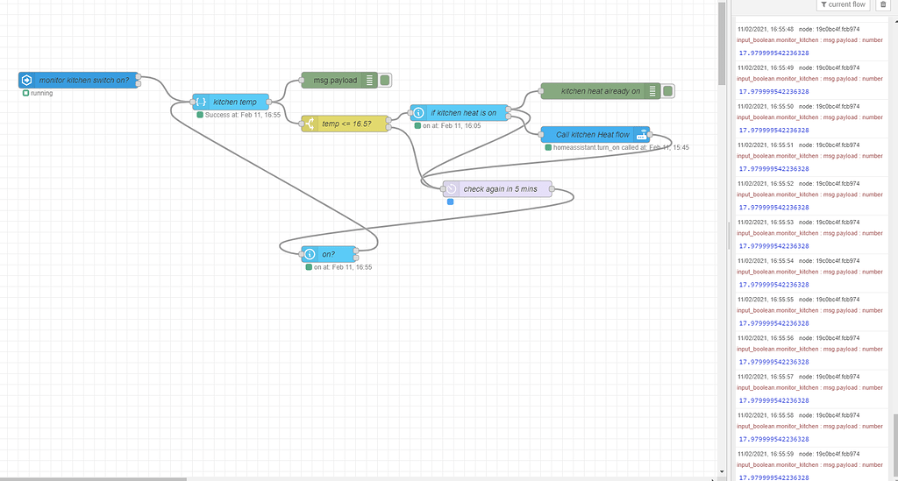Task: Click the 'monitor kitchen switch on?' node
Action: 84,80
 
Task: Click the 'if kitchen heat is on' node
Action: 462,112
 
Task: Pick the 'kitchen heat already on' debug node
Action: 600,91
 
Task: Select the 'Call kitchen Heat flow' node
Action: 592,135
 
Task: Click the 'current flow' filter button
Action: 843,5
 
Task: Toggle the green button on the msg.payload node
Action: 385,80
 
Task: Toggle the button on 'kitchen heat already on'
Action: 667,91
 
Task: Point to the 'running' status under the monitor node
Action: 41,93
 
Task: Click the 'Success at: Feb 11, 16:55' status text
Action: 242,115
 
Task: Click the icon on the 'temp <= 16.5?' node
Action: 310,124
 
